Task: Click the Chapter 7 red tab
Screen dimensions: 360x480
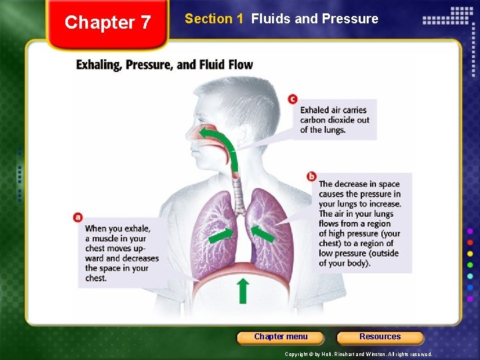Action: [x=108, y=23]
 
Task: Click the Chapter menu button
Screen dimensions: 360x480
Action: [x=281, y=337]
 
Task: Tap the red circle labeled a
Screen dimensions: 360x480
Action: [x=78, y=217]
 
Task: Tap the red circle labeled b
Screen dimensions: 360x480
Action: [x=311, y=176]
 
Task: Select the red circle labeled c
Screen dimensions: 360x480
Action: [x=293, y=99]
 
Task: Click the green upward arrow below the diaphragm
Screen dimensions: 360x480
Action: [x=243, y=291]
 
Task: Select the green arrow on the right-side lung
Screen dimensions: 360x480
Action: [x=263, y=234]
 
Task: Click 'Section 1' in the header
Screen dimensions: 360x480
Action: [x=214, y=19]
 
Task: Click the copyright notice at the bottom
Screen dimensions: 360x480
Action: [x=358, y=354]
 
